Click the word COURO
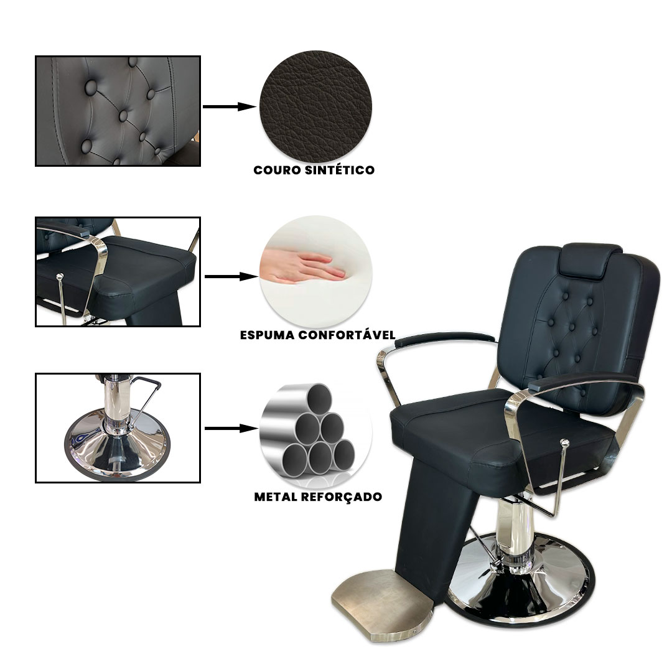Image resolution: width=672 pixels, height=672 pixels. click(x=278, y=170)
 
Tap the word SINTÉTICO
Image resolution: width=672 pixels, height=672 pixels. click(x=340, y=170)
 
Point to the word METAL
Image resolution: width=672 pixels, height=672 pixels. click(x=276, y=497)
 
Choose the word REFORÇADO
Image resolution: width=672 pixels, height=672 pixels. click(x=342, y=497)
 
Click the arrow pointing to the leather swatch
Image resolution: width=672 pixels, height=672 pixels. click(x=230, y=107)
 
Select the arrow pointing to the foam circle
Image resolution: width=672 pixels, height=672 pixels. click(x=231, y=277)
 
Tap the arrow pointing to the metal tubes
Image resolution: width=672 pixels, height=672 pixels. click(x=231, y=428)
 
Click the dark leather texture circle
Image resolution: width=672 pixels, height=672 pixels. click(x=316, y=107)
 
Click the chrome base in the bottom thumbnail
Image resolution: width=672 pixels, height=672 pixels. click(x=117, y=446)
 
